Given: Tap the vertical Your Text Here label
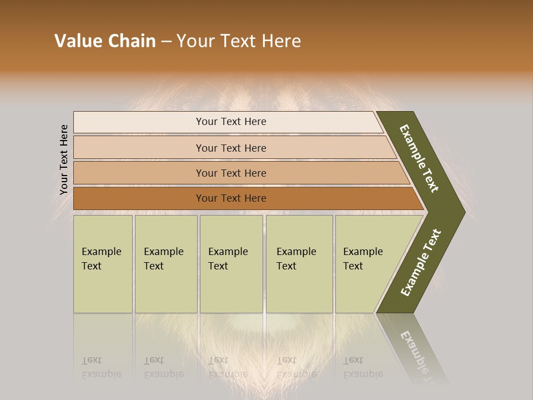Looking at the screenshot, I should (x=64, y=159).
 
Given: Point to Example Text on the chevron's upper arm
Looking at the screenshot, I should (x=419, y=158).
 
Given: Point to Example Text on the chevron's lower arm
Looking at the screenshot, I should (x=421, y=262).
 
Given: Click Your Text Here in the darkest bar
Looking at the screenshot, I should (x=231, y=198).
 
